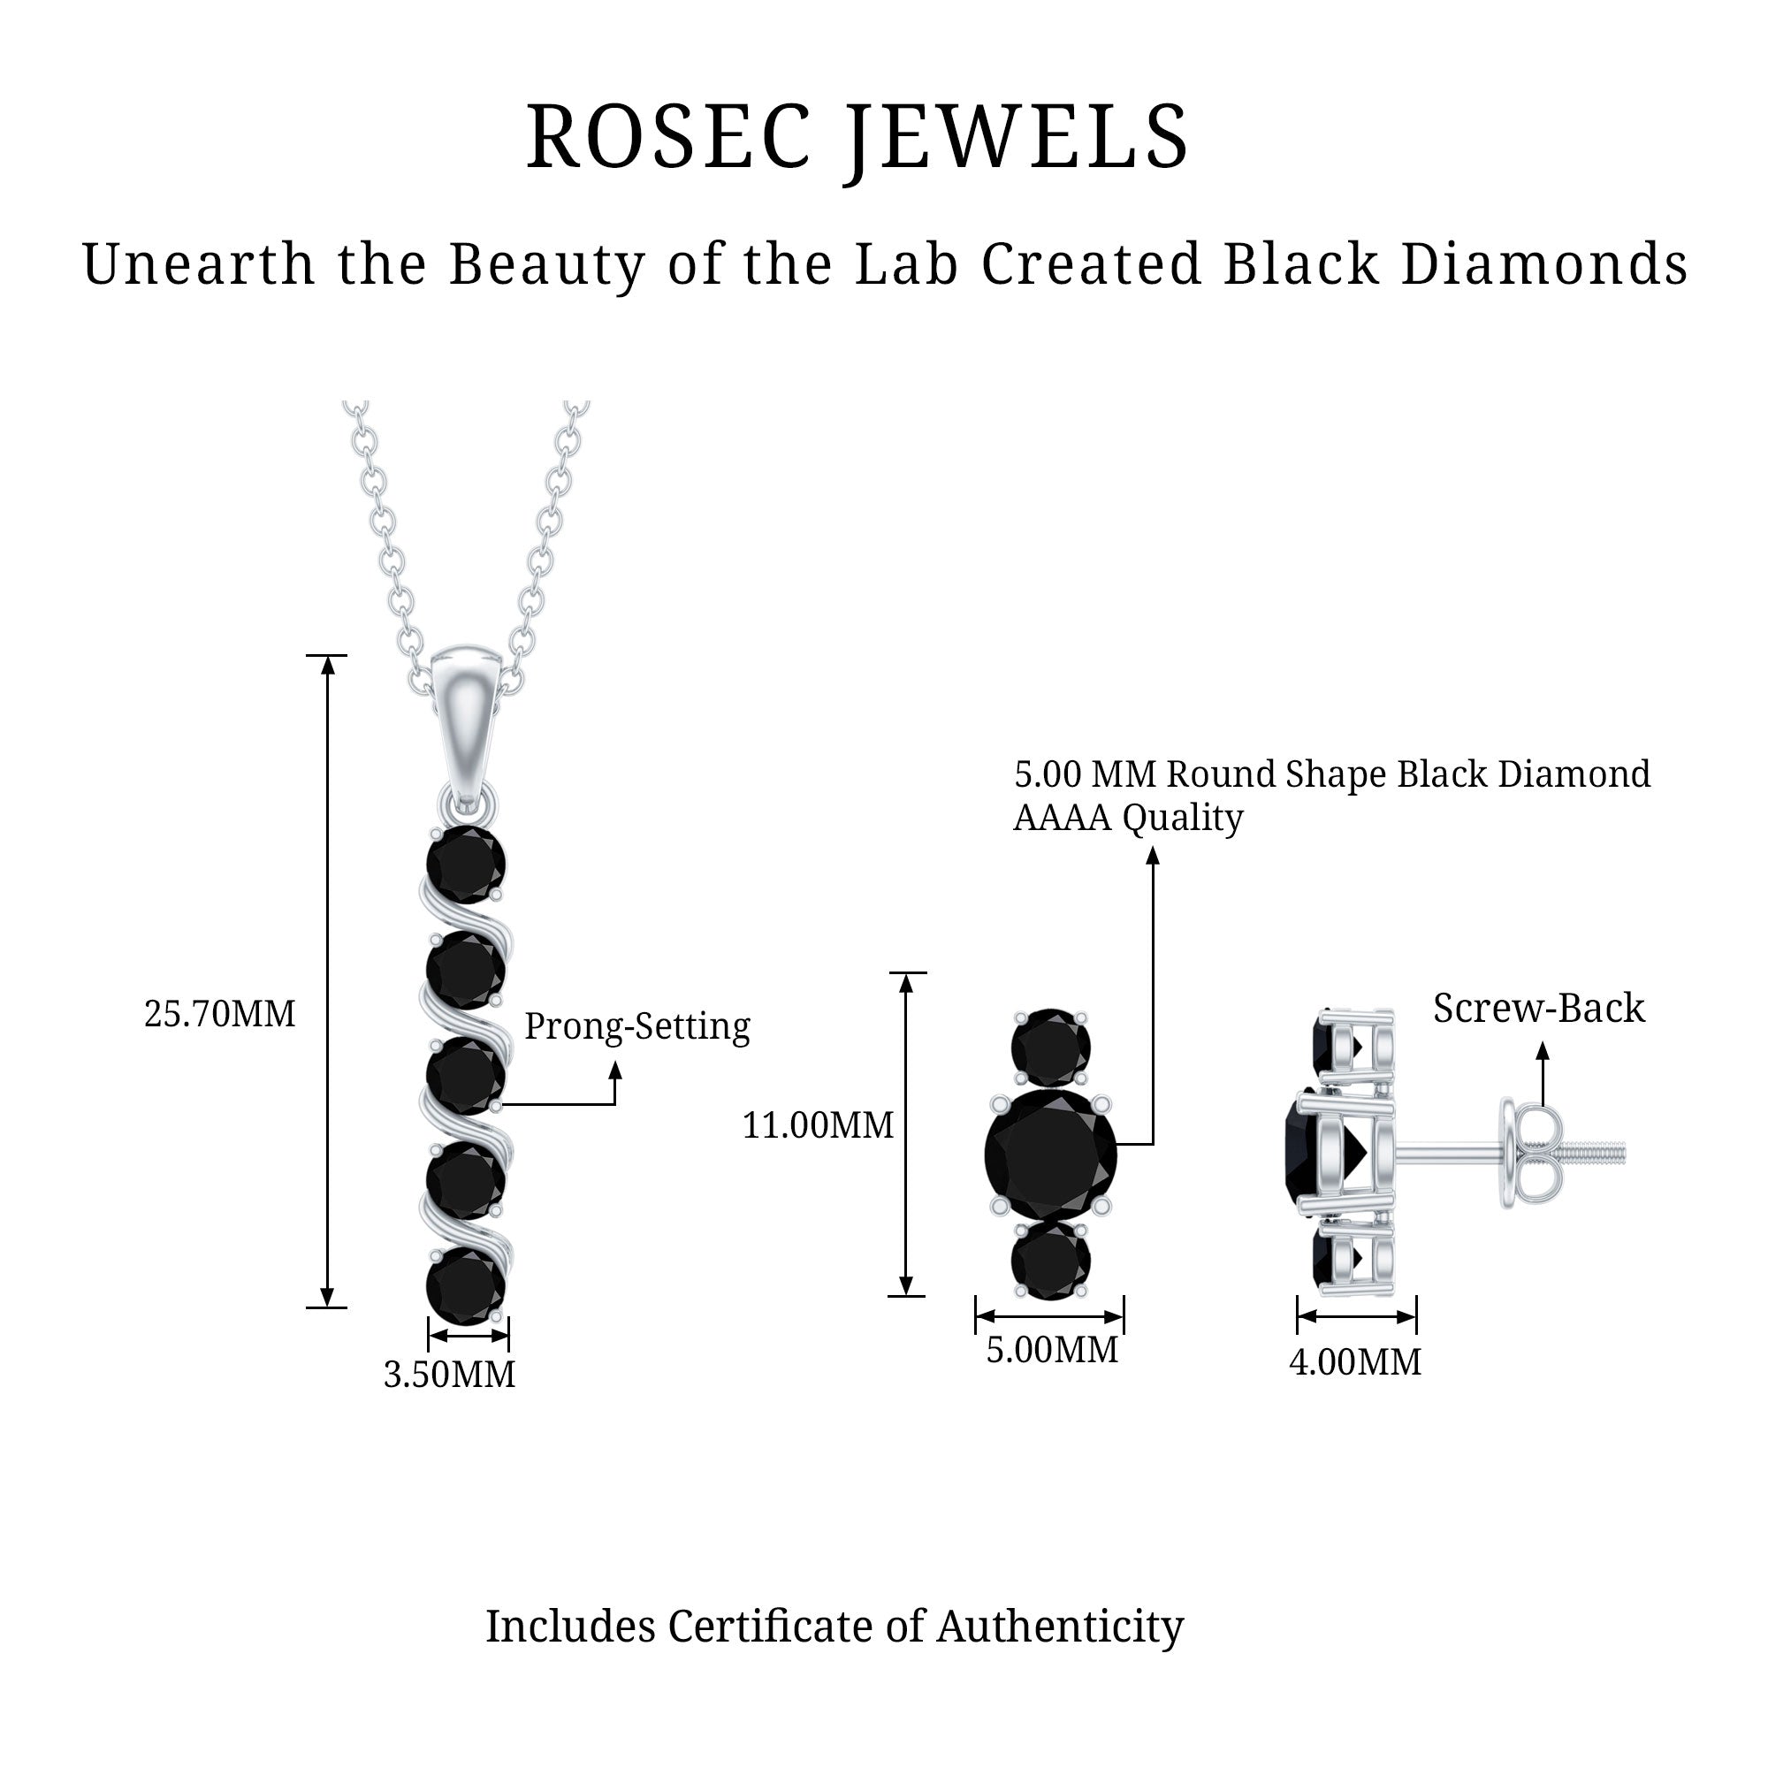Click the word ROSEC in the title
[669, 137]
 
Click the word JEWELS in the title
[1017, 137]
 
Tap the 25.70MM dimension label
[219, 1015]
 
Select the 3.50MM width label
[449, 1375]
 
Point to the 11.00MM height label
[817, 1125]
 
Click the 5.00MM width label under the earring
[1051, 1350]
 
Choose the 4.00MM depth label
[1355, 1361]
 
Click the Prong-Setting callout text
[636, 1026]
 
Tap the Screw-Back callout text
[1538, 1009]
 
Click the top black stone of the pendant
[466, 864]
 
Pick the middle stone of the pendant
[466, 1076]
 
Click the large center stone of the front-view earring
[1050, 1156]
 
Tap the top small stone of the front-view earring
[1050, 1047]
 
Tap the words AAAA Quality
[1127, 817]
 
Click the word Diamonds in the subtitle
[1543, 264]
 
